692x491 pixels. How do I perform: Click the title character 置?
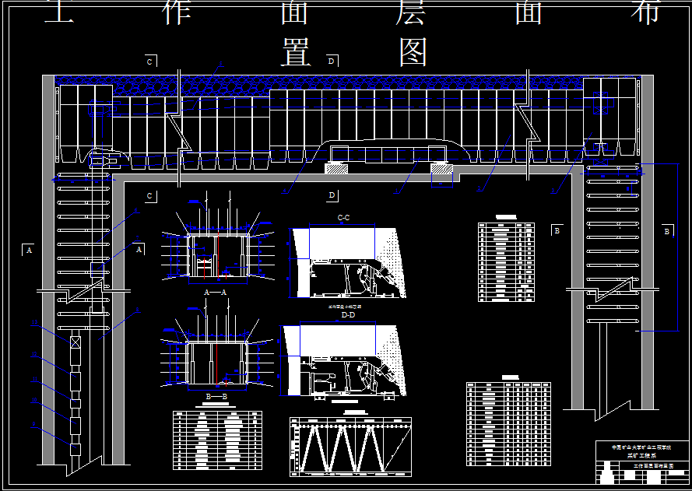click(x=296, y=52)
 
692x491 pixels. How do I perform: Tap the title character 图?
click(x=413, y=52)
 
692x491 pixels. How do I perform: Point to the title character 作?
click(x=177, y=11)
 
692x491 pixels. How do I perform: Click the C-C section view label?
click(x=343, y=217)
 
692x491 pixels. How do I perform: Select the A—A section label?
click(x=215, y=292)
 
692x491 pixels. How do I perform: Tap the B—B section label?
click(x=216, y=397)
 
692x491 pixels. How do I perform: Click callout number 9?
click(x=34, y=426)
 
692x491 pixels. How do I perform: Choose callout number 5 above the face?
click(x=220, y=64)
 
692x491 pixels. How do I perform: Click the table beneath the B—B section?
click(x=217, y=440)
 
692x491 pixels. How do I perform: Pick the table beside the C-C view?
click(x=505, y=262)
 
